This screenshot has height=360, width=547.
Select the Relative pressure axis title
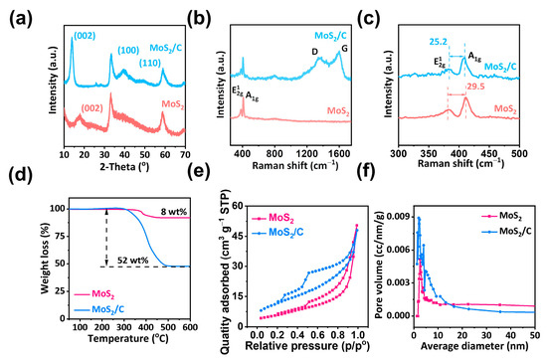pos(283,351)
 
